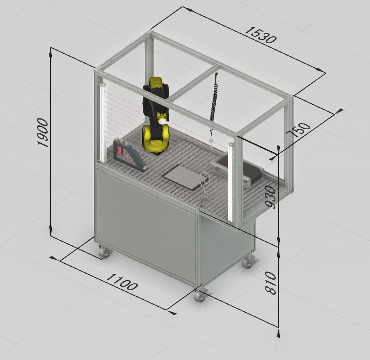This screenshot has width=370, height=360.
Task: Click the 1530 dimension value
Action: (x=260, y=35)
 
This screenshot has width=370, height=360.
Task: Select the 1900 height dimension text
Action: (x=43, y=133)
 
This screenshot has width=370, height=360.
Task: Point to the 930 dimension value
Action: (x=271, y=197)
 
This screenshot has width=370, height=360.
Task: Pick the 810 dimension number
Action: (x=271, y=283)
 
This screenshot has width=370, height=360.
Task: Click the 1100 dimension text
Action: (x=121, y=282)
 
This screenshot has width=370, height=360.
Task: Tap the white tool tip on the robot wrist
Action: (x=162, y=121)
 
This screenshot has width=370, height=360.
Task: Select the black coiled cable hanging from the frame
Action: (x=213, y=102)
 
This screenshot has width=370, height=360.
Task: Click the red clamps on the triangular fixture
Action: (x=120, y=150)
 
